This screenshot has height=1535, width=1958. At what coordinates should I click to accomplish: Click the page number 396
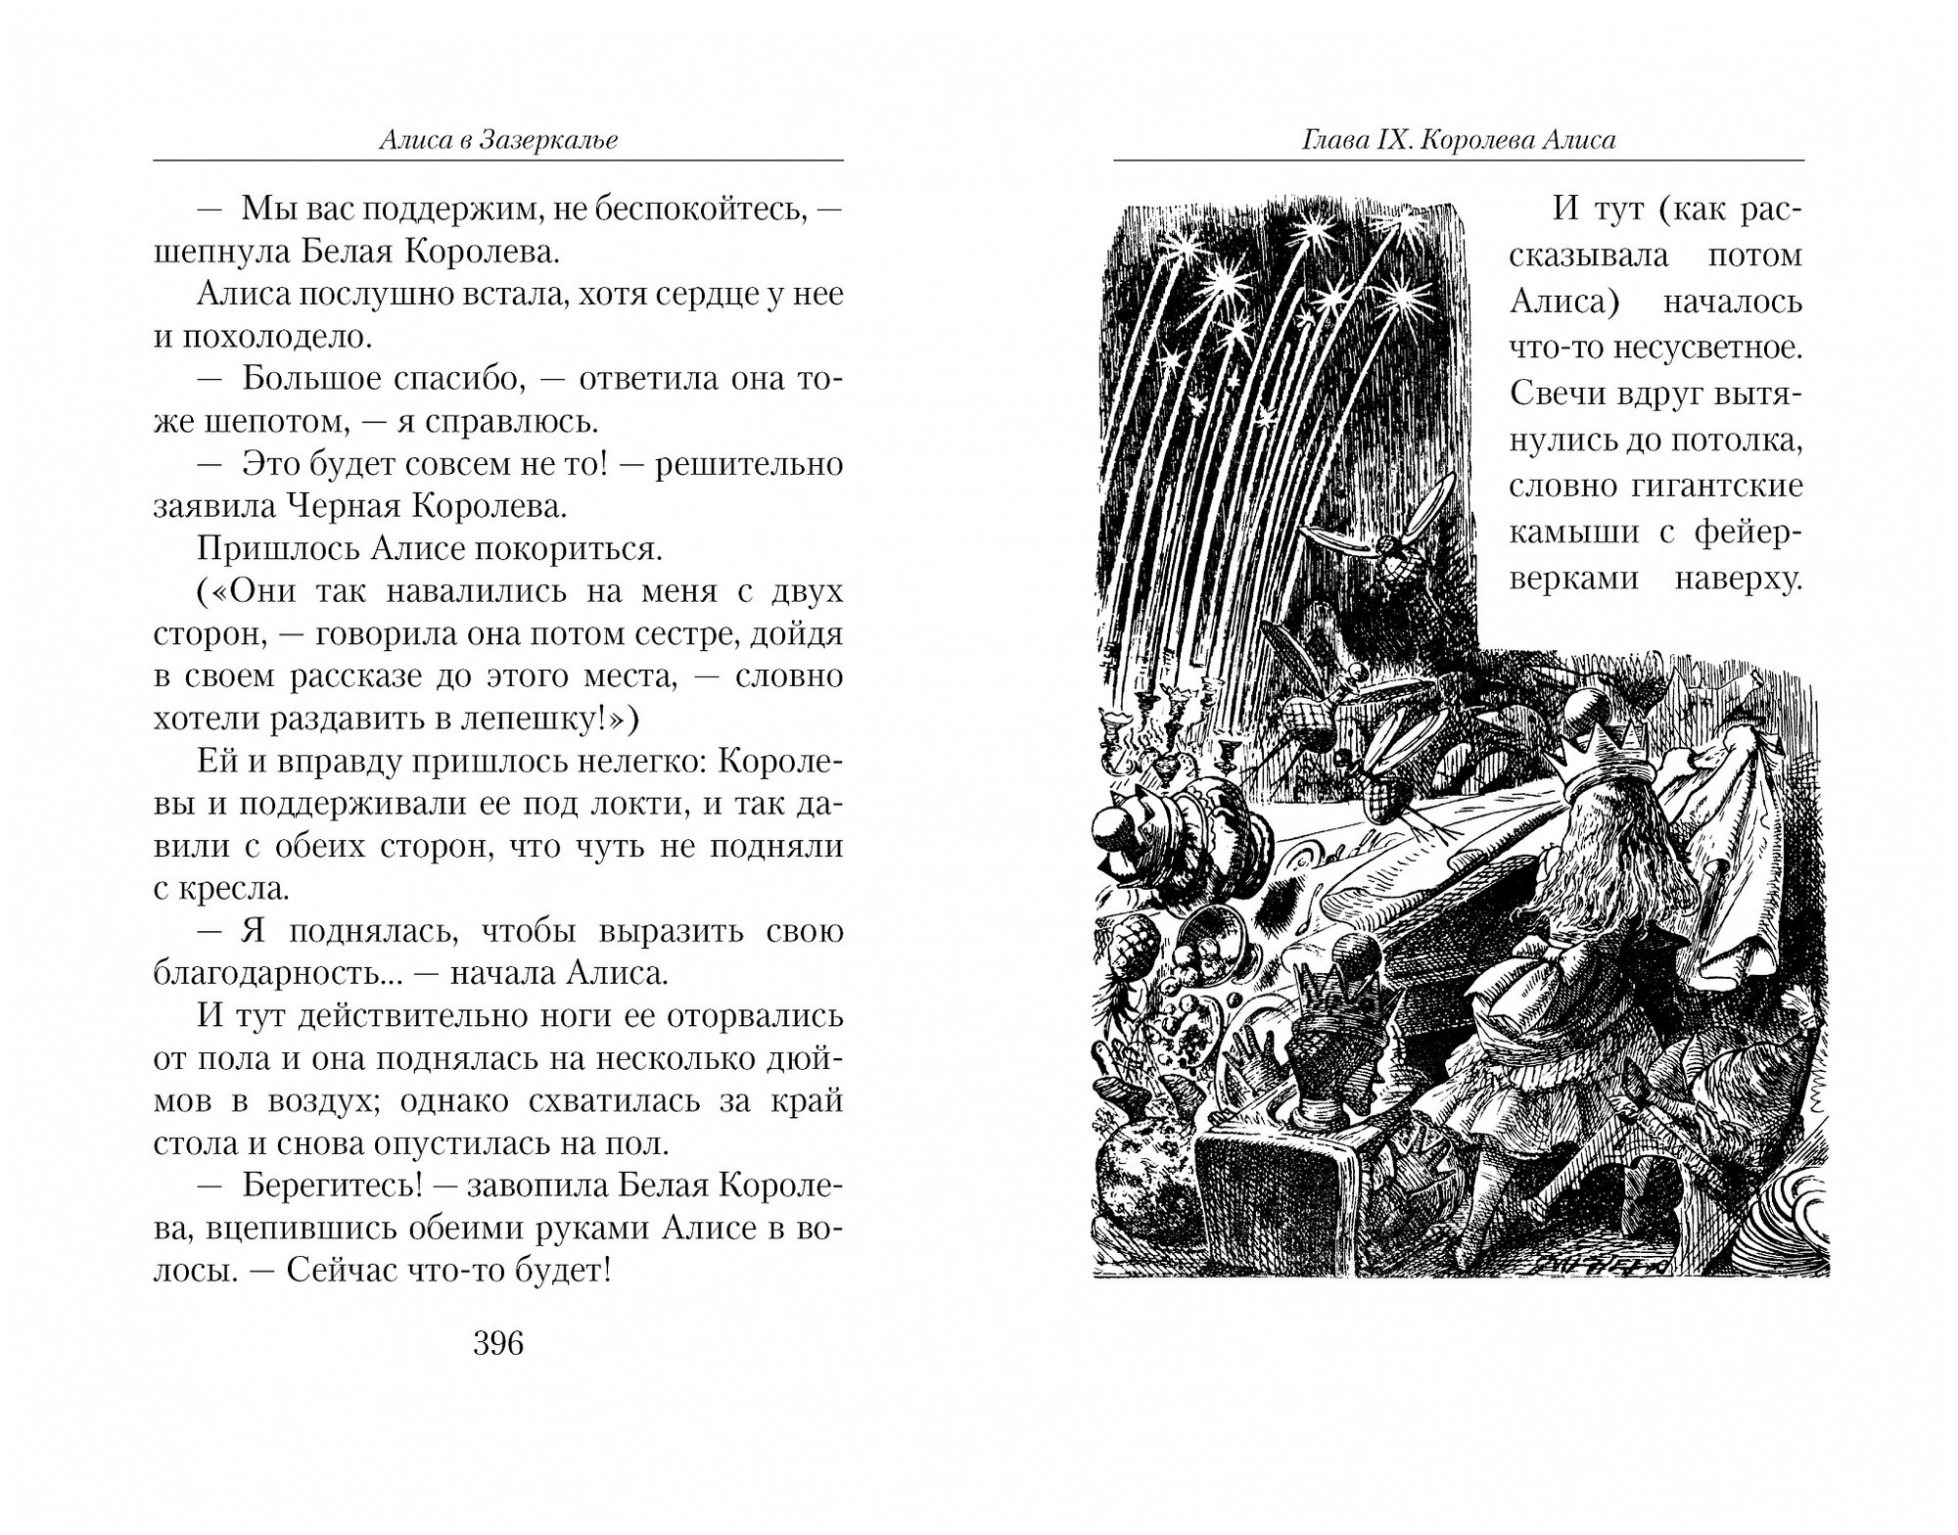point(498,1344)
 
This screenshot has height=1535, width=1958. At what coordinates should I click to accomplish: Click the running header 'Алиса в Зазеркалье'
point(498,140)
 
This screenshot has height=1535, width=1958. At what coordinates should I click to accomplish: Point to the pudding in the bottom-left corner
point(1142,1189)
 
